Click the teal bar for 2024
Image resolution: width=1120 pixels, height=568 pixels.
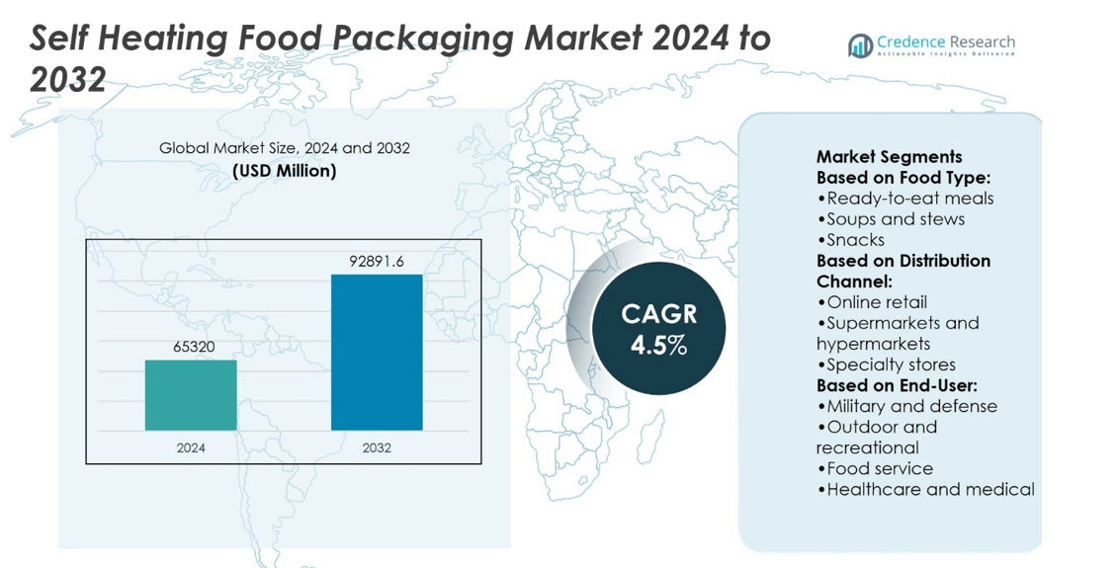click(191, 395)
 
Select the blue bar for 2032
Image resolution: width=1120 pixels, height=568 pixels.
click(377, 352)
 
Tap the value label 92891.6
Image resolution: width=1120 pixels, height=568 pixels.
click(377, 262)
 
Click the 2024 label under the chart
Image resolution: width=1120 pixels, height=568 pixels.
click(191, 447)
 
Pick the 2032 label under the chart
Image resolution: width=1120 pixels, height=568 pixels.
click(377, 447)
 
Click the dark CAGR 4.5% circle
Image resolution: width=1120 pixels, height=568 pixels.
click(658, 329)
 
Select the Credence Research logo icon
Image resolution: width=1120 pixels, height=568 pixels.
click(860, 45)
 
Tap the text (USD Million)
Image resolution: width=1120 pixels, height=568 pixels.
click(285, 171)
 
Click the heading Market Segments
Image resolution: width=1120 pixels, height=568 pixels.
click(889, 157)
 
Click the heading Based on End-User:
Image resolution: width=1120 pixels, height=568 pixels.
click(897, 385)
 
